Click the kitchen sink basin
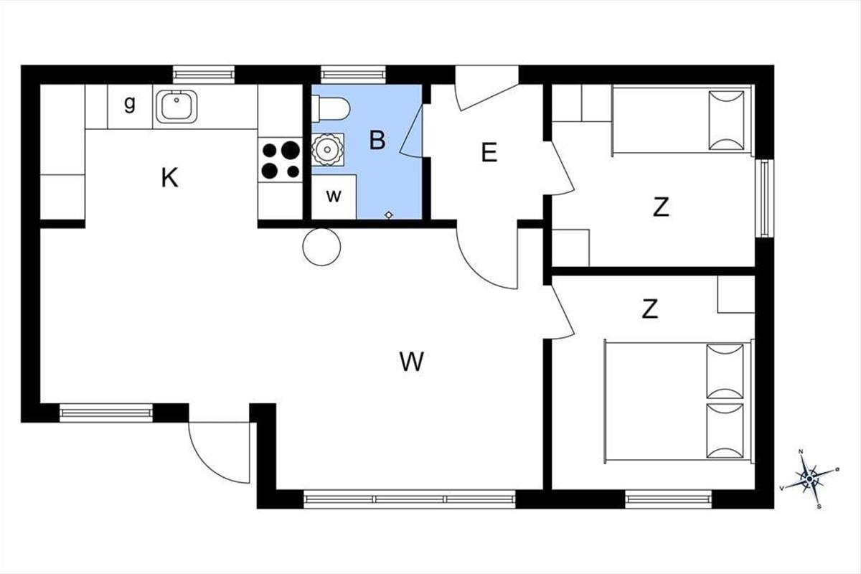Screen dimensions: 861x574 (177, 106)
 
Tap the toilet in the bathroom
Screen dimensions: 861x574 (331, 109)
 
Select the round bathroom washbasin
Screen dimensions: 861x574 (327, 149)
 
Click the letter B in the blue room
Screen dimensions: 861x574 (377, 141)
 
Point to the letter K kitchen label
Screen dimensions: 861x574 (169, 178)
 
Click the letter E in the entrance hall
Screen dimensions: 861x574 (489, 152)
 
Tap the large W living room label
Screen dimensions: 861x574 (412, 362)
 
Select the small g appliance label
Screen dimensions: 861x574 (130, 104)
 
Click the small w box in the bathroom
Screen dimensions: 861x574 (334, 197)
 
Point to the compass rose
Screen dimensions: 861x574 (809, 479)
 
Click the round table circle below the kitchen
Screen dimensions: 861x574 (321, 247)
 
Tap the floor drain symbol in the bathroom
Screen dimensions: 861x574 (389, 215)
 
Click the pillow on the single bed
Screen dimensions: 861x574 (726, 121)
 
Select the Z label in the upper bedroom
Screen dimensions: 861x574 (661, 207)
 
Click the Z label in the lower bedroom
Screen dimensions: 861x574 (649, 309)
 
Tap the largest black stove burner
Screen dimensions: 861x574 (291, 150)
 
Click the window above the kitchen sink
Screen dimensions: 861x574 (203, 75)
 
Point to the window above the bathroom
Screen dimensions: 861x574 (353, 75)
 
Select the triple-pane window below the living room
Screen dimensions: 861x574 (410, 499)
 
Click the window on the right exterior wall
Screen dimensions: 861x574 (765, 198)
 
